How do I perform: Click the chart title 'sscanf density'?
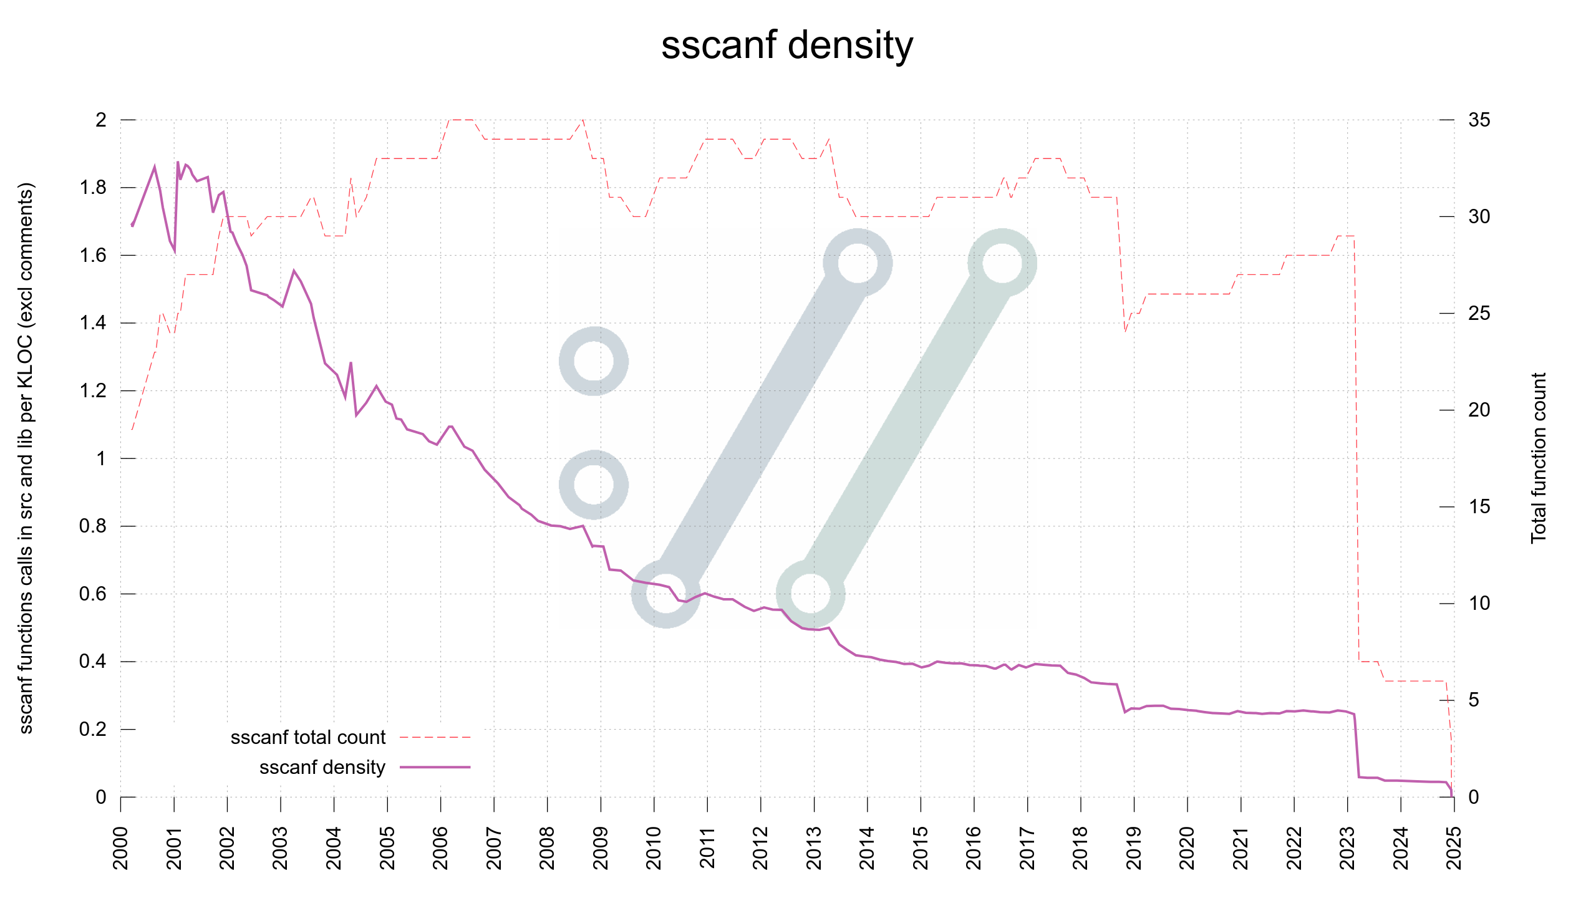(787, 46)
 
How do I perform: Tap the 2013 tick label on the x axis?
(814, 847)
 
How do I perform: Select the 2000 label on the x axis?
(120, 847)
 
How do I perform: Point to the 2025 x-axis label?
(1454, 847)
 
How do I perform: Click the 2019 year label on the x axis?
(1134, 847)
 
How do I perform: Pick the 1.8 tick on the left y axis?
(93, 188)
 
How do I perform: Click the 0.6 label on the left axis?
(93, 594)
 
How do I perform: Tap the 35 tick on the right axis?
(1479, 120)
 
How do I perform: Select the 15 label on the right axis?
(1479, 506)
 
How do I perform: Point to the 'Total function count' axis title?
(1538, 458)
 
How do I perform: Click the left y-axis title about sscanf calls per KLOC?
(26, 458)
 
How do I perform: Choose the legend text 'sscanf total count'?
(308, 737)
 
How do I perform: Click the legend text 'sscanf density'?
(322, 767)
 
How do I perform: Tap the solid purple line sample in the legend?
(435, 767)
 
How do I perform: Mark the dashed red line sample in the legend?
(435, 737)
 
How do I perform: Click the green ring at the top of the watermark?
(1002, 263)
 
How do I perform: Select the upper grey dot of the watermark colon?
(593, 361)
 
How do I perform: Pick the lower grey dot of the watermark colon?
(593, 485)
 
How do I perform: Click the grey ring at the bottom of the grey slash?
(666, 593)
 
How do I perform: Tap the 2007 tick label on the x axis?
(494, 847)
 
